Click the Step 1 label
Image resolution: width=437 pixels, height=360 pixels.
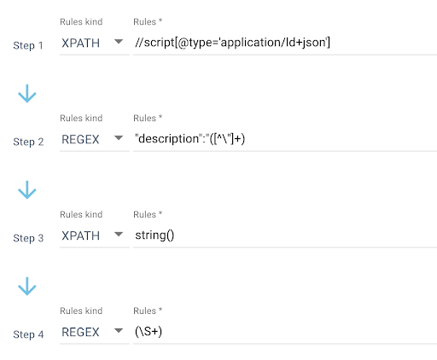tap(28, 45)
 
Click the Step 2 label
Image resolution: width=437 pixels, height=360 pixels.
tap(28, 142)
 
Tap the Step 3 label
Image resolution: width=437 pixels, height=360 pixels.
tap(28, 238)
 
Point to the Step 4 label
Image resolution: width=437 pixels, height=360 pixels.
tap(28, 334)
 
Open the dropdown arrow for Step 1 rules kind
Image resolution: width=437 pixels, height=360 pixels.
tap(119, 42)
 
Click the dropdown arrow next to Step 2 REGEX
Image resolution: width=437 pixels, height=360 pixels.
tap(119, 138)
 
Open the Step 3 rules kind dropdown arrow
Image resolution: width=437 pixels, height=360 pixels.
tap(119, 235)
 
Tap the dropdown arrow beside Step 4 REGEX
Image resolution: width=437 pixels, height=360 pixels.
tap(119, 331)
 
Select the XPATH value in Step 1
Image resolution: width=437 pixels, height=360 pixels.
tap(81, 44)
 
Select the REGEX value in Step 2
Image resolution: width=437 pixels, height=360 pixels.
tap(80, 140)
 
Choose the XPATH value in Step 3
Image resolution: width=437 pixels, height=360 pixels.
tap(81, 236)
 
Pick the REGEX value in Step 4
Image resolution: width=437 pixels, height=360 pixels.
tap(80, 333)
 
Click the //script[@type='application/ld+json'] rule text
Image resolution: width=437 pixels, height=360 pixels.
tap(232, 43)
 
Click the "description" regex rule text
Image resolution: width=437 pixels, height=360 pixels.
tap(189, 139)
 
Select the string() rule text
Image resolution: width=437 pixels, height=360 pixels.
tap(154, 235)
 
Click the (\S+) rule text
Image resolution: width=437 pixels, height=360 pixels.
tap(149, 332)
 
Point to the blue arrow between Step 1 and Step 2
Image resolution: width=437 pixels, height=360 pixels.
tap(27, 94)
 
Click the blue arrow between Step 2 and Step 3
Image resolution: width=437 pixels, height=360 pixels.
tap(27, 190)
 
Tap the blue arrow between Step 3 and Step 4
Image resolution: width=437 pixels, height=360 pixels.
tap(27, 287)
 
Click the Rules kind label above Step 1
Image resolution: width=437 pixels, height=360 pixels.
tap(81, 22)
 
